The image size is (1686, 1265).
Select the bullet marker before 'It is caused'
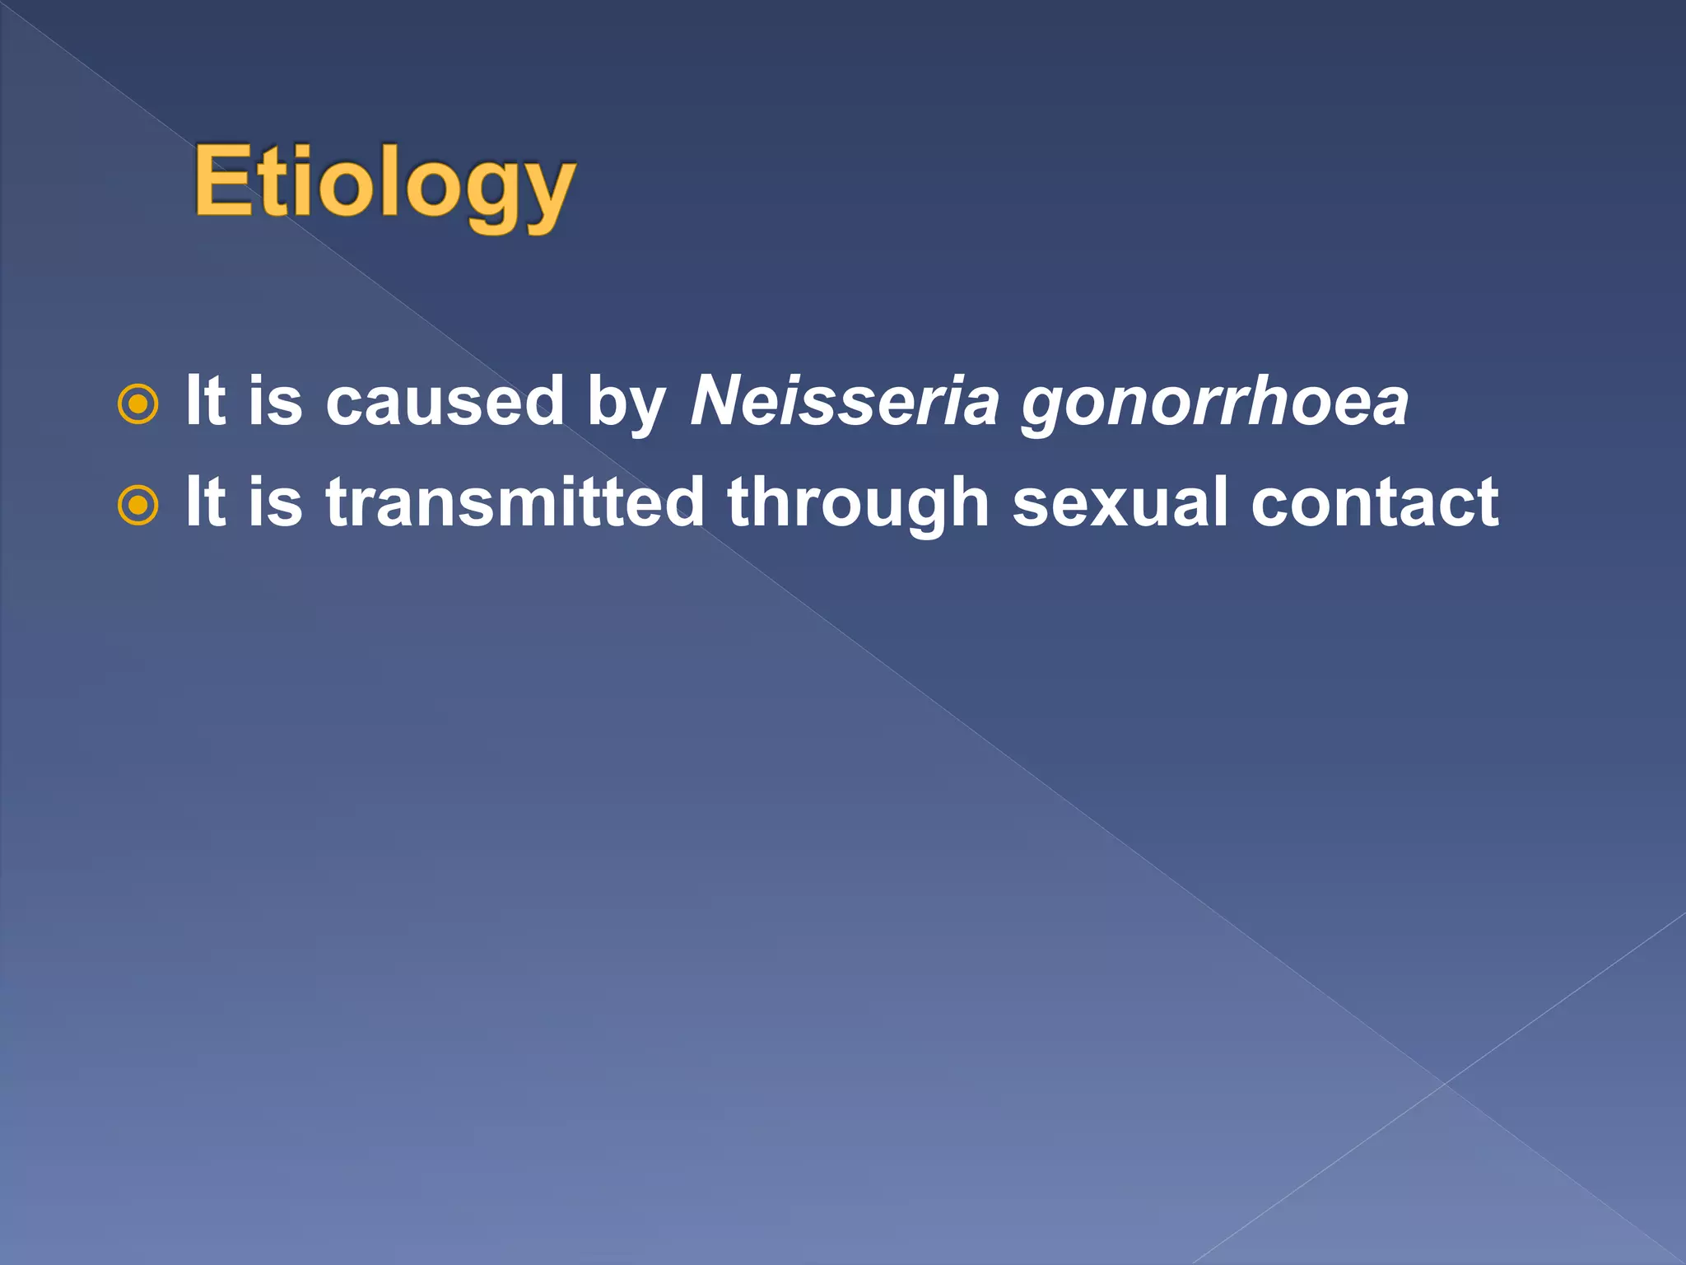click(137, 404)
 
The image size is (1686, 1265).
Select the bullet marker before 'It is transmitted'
click(137, 506)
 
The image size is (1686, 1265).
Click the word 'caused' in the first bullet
click(445, 402)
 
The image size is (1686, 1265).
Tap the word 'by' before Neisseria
click(625, 405)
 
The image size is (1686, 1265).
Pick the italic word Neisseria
click(845, 402)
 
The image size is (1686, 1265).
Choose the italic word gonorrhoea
click(1215, 405)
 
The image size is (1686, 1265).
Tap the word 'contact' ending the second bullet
click(1374, 502)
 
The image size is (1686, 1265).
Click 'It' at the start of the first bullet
click(205, 401)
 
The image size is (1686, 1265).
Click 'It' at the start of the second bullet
click(205, 502)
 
